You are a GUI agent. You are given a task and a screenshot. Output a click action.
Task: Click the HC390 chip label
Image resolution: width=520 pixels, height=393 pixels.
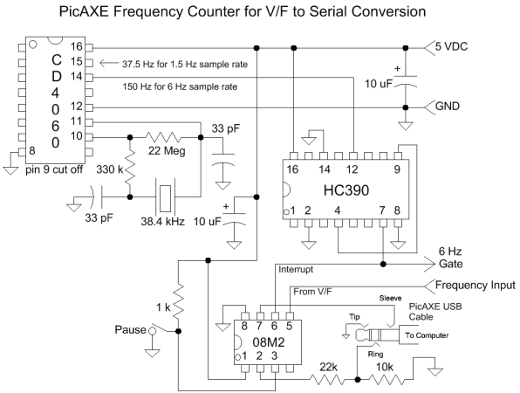coord(346,190)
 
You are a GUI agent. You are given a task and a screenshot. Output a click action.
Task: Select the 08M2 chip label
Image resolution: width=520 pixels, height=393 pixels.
coord(269,342)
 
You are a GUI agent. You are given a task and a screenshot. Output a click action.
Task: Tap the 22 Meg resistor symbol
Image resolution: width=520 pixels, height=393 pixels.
coord(163,137)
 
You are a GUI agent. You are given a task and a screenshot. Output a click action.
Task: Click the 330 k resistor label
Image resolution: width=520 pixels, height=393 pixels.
coord(109,170)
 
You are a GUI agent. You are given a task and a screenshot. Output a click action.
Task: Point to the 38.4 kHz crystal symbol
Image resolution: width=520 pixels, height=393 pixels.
coord(165,196)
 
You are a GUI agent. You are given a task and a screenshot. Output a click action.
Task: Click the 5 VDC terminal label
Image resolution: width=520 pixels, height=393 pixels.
coord(451,47)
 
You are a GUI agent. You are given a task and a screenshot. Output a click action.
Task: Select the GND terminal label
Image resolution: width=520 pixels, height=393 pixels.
coord(447,107)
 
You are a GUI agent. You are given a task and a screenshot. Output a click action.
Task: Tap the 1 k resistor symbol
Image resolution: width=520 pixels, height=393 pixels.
coord(178,301)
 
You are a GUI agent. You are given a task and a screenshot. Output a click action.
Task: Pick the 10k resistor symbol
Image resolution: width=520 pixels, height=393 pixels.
coord(387,379)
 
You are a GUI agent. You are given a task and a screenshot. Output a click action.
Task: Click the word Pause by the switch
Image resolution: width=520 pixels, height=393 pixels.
coord(130,330)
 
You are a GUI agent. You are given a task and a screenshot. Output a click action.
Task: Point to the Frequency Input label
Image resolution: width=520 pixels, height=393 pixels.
coord(476,285)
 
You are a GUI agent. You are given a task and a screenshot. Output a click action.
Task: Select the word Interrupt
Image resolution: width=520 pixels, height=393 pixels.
coord(296,269)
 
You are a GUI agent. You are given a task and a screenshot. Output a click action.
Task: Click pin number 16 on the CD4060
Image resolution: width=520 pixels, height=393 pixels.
coord(76,46)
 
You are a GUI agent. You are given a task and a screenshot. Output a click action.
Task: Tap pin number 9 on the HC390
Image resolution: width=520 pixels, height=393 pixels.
coord(397,169)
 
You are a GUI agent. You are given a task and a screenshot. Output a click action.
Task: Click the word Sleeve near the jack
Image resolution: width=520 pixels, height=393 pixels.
coord(390,299)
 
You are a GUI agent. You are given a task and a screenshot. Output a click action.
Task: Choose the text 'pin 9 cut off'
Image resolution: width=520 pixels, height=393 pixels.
coord(54,169)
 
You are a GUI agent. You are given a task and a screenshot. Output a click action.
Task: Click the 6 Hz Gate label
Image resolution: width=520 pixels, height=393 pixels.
coord(450,258)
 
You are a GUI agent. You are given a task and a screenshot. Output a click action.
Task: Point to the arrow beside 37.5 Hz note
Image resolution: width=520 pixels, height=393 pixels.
coord(109,63)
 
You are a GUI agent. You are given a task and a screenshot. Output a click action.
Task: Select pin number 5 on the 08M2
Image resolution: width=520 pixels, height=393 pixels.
coord(289,327)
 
